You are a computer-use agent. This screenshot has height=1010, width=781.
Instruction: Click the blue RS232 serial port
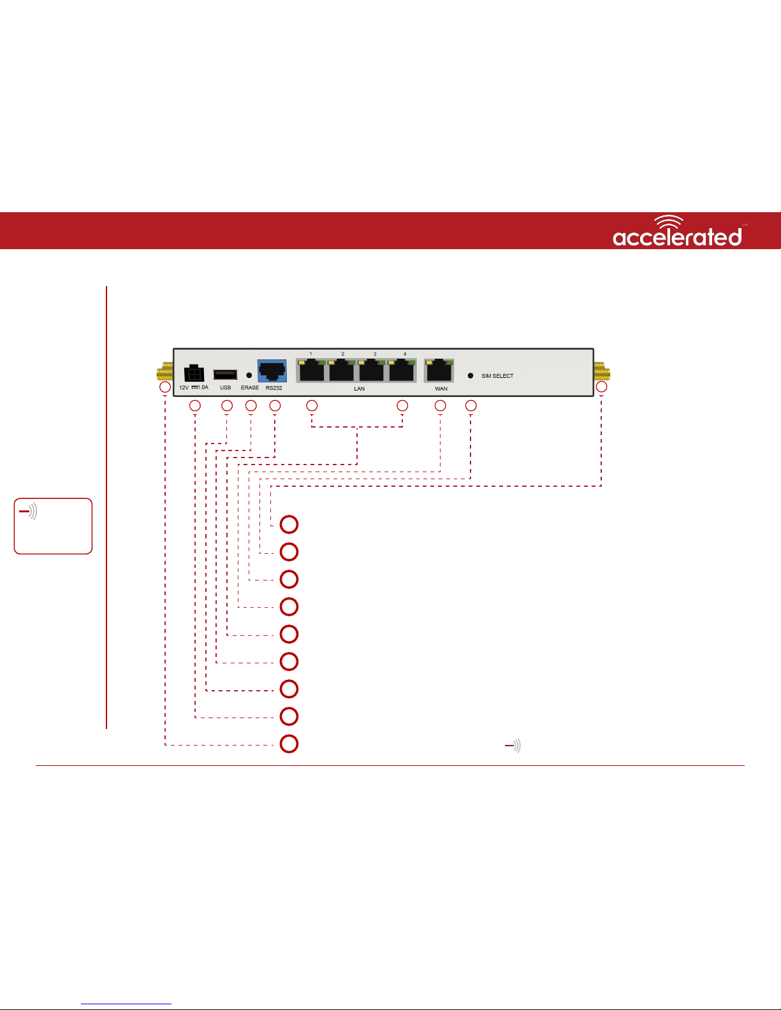[272, 371]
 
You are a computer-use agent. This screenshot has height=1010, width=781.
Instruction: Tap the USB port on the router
[225, 374]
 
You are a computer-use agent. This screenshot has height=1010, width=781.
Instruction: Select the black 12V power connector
[194, 373]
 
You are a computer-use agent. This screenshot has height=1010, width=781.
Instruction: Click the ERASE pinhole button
[249, 375]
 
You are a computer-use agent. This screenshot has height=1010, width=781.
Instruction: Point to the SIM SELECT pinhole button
[471, 376]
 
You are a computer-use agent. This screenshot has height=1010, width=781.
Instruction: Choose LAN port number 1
[312, 370]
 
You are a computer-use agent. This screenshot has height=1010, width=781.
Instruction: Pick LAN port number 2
[342, 370]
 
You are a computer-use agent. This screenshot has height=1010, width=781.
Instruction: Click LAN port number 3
[372, 370]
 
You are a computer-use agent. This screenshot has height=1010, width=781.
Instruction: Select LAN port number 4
[402, 370]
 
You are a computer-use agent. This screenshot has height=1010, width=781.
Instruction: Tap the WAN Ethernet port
[439, 370]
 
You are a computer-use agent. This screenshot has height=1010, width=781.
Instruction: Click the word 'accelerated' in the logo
[677, 237]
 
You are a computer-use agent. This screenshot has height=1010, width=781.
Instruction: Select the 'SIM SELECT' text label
[497, 376]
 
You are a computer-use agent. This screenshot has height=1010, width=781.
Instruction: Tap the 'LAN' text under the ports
[360, 389]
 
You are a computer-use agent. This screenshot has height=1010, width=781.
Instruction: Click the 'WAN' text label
[441, 389]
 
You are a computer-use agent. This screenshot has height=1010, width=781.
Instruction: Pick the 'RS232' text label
[274, 388]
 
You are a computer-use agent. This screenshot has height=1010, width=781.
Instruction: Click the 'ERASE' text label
[250, 387]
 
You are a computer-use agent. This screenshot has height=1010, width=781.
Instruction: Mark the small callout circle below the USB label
[227, 405]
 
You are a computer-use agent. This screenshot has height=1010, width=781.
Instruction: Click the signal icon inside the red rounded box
[28, 512]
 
